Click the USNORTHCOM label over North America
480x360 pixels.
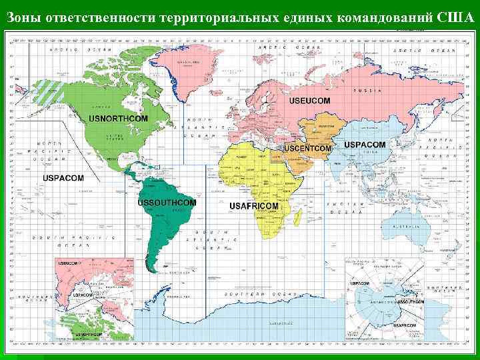(x=119, y=119)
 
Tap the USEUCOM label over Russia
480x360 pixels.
(x=309, y=101)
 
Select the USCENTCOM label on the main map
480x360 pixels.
(x=307, y=147)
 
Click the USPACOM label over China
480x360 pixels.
(x=365, y=145)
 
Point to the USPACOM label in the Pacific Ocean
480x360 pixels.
(x=63, y=178)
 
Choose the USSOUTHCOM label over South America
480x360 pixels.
(x=167, y=202)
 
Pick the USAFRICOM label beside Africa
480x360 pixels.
(x=253, y=207)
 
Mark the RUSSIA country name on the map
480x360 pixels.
(x=367, y=90)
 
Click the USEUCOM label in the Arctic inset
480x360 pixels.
(x=69, y=264)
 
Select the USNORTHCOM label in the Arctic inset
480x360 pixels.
(x=87, y=333)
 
